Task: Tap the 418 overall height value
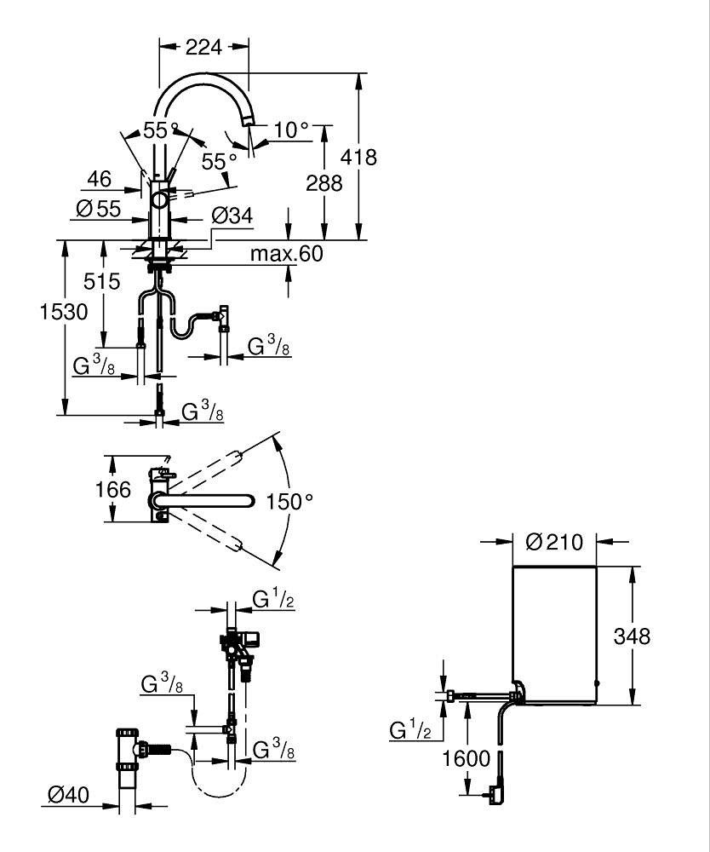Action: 358,157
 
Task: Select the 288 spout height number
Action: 324,183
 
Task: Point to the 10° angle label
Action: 290,130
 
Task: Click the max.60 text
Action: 287,253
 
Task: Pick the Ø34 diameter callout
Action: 232,216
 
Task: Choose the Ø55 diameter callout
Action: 99,209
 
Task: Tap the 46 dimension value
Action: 100,179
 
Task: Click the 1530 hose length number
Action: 64,312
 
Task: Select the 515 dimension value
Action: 101,281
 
